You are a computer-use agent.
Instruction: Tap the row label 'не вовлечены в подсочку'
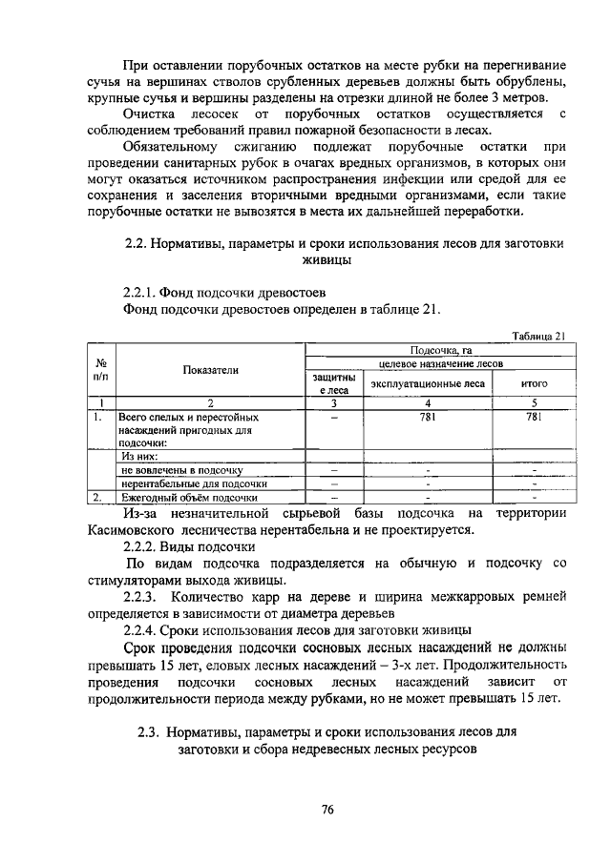tap(181, 470)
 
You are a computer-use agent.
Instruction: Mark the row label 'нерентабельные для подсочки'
tap(192, 483)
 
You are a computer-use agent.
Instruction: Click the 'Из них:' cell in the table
tap(138, 457)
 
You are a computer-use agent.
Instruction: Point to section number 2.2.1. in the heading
tap(138, 292)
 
